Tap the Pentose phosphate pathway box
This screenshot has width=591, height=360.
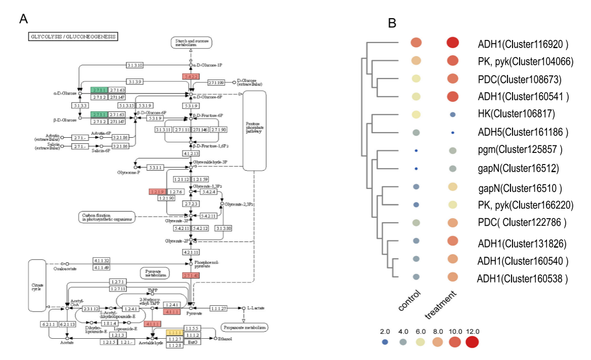(254, 132)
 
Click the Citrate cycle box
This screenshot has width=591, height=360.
(37, 285)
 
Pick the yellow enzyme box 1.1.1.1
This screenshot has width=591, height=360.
(175, 332)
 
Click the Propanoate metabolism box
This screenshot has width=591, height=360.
(244, 328)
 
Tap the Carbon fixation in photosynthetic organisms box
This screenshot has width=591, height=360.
(107, 217)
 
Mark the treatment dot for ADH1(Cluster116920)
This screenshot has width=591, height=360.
(452, 43)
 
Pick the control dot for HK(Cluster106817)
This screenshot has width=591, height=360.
(416, 114)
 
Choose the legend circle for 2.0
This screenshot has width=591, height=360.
(385, 342)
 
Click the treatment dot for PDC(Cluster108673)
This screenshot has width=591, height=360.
(452, 79)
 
